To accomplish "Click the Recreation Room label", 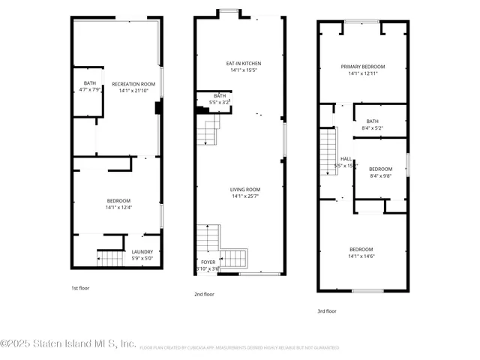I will click(x=133, y=84).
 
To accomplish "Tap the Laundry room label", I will click(x=142, y=252).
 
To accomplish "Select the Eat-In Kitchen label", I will click(x=243, y=64).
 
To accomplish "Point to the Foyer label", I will click(x=207, y=262).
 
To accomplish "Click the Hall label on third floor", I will click(x=346, y=159).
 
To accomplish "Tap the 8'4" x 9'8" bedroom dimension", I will click(x=380, y=176).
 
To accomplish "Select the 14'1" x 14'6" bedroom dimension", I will click(x=361, y=256).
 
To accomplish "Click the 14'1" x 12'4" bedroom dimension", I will click(x=118, y=208).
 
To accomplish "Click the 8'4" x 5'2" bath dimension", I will click(x=372, y=128).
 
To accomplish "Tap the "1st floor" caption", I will click(x=80, y=286).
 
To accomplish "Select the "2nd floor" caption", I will click(x=204, y=295).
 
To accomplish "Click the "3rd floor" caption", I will click(x=326, y=310).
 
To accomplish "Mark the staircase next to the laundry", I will click(x=110, y=259).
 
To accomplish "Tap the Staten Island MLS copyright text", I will click(x=68, y=343).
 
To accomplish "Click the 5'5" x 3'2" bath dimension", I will click(x=220, y=102).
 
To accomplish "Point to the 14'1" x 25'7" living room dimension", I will click(x=245, y=196).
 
